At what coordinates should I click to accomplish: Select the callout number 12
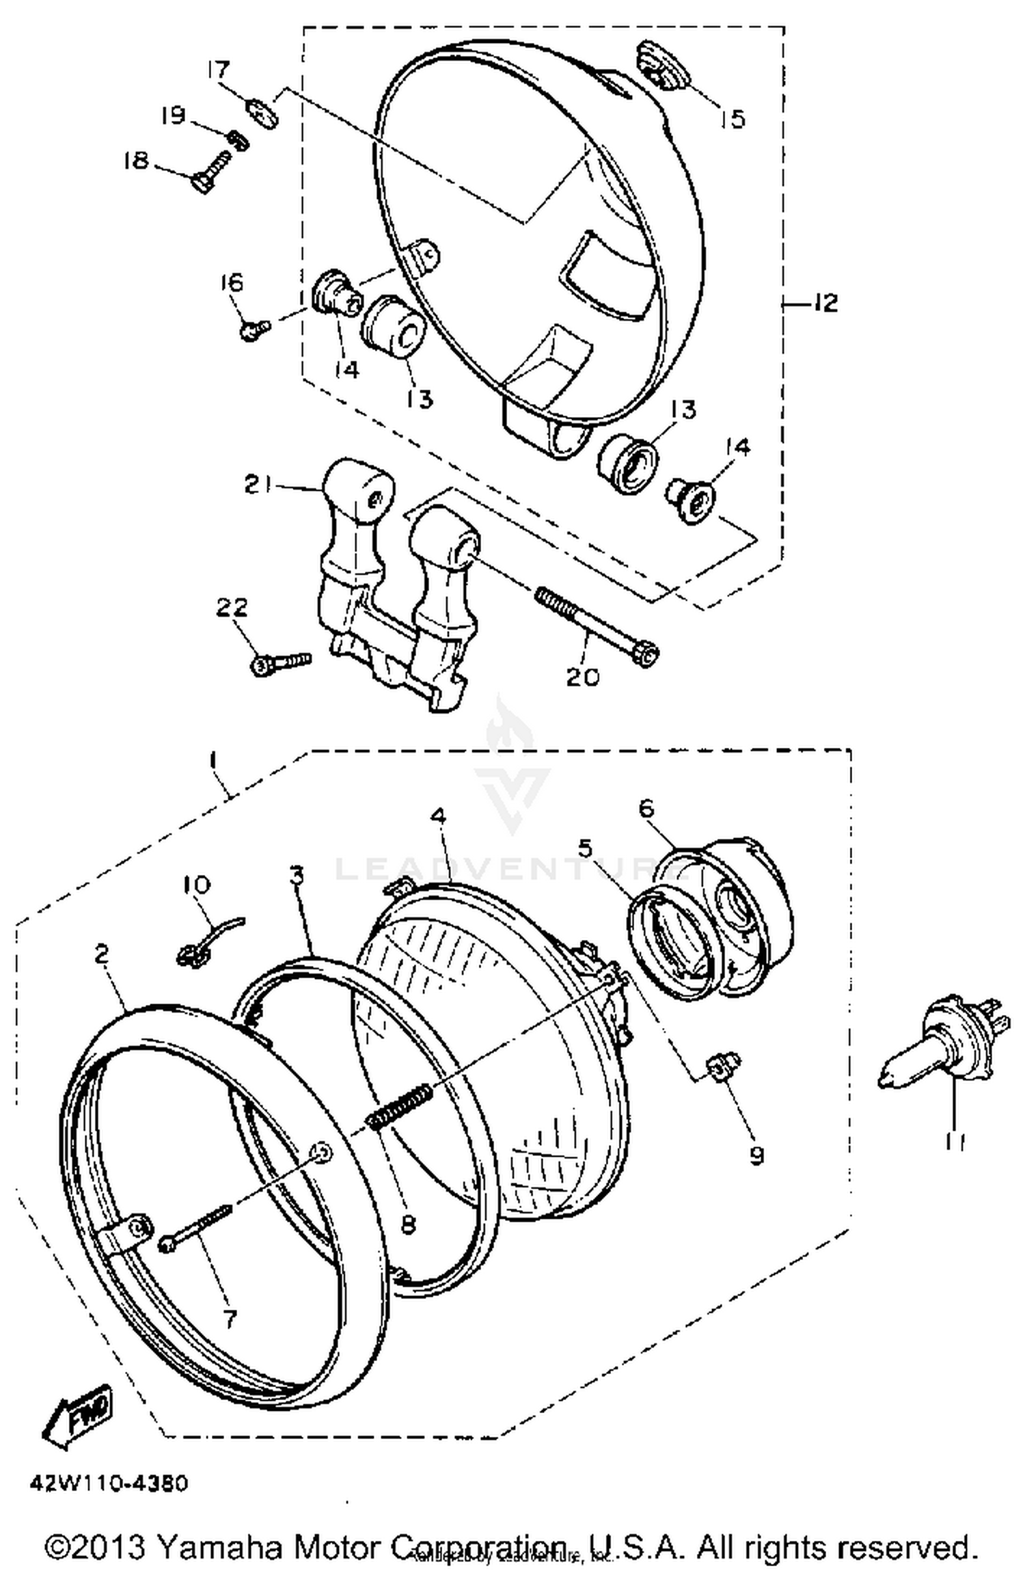825,303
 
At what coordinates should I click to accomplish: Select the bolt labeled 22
281,662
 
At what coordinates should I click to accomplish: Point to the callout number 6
646,809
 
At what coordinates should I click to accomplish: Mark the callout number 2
102,955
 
